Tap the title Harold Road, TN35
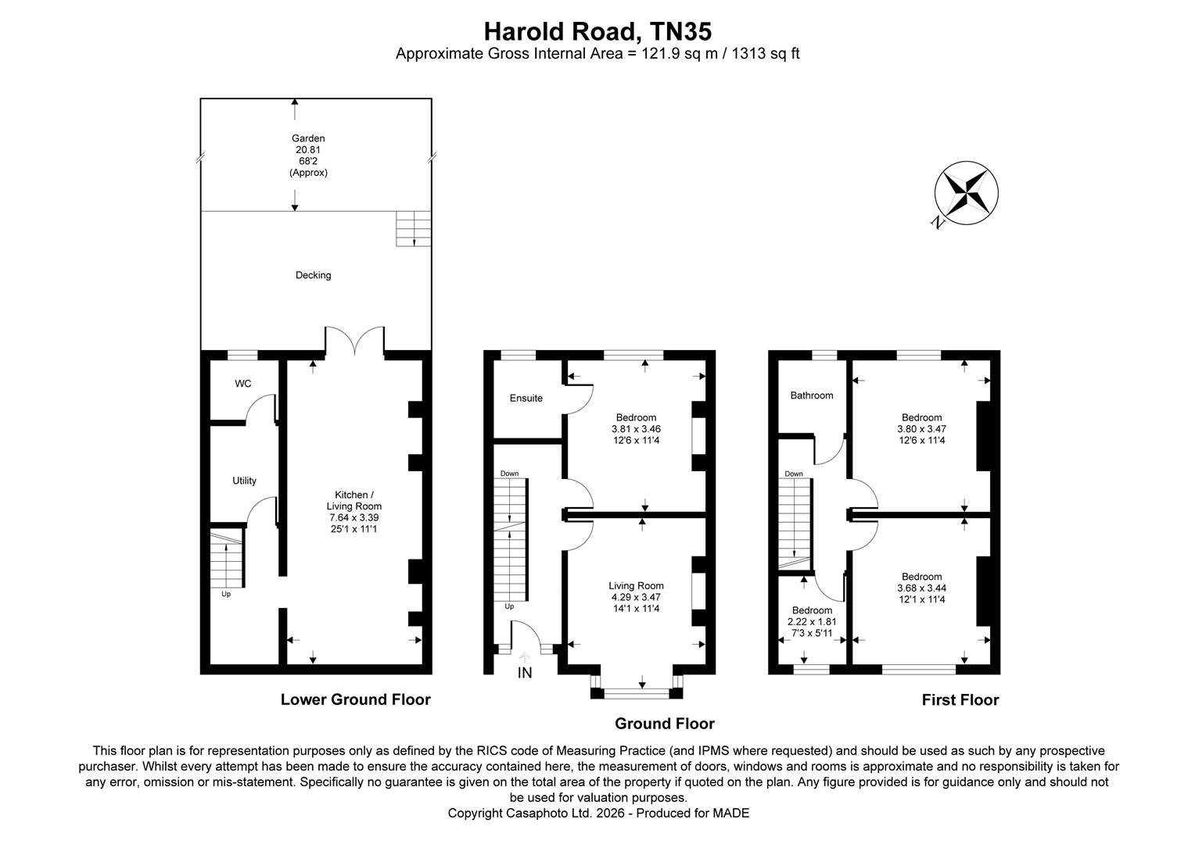pos(597,31)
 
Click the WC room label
pos(243,384)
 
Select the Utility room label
pos(244,481)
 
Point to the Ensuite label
pos(526,398)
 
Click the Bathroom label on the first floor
pos(811,395)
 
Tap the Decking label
pos(313,275)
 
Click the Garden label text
pos(308,138)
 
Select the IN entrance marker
pos(524,673)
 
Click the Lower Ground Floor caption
pos(355,699)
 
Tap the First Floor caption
pos(960,700)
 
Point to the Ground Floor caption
pos(664,724)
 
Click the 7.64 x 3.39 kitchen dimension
pos(353,517)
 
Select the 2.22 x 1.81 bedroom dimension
pos(812,622)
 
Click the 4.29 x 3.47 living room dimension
pos(636,597)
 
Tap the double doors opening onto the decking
pos(355,342)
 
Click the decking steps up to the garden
pos(413,228)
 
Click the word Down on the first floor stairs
pos(793,474)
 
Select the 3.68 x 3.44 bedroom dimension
pos(921,588)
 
